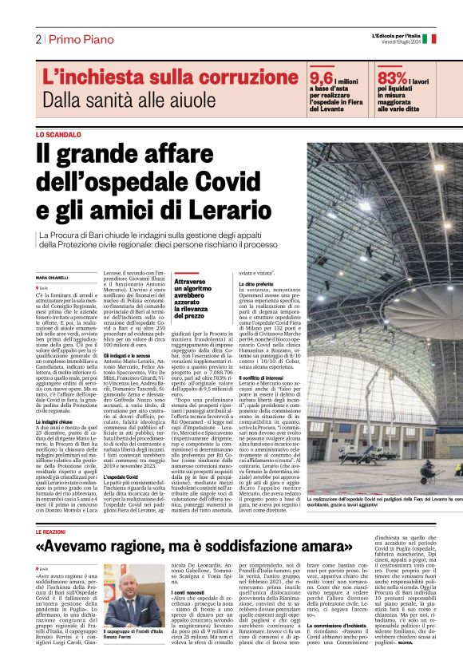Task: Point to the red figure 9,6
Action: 321,78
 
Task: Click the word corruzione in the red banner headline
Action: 210,77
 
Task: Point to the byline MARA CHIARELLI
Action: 53,277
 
